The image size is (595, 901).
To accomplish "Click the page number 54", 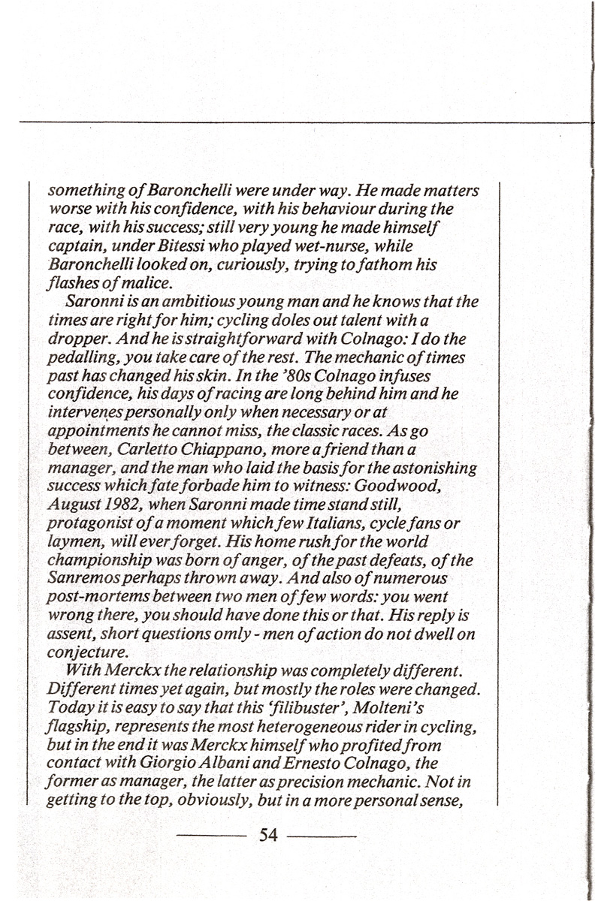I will point(268,834).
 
